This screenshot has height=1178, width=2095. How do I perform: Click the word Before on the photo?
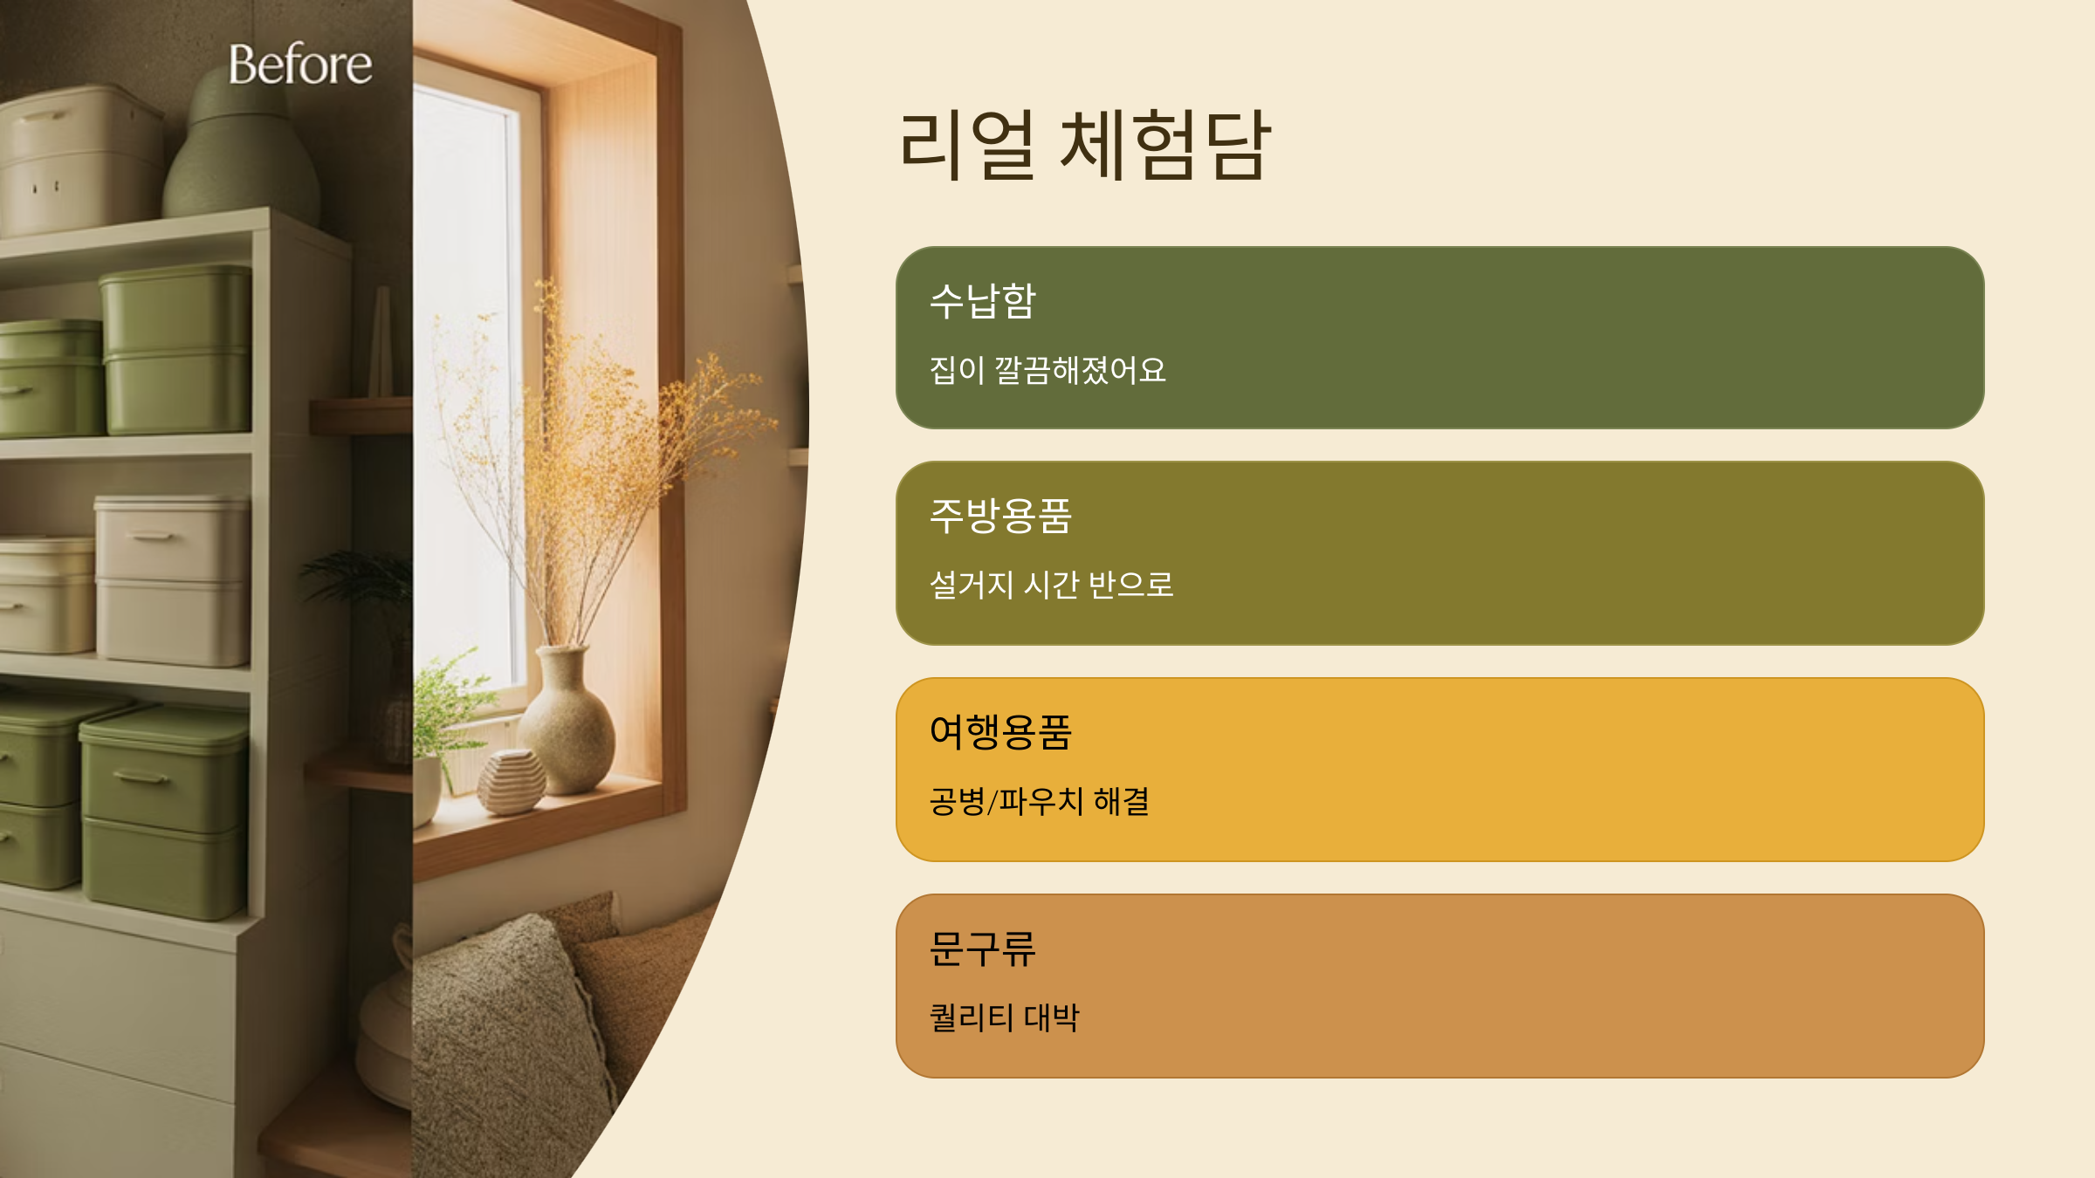[x=300, y=65]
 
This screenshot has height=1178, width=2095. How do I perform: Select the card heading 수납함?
[x=982, y=302]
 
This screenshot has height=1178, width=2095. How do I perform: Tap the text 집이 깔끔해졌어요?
[x=1047, y=370]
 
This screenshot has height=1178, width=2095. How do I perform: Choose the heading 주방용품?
[x=1000, y=516]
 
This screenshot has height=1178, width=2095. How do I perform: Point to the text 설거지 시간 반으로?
[x=1051, y=585]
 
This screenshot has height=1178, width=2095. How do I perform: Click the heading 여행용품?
[x=1000, y=732]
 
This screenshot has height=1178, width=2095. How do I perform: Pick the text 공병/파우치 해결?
[x=1039, y=801]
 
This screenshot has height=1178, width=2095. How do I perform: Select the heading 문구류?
[x=982, y=949]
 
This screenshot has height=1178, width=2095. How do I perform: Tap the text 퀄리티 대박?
[x=1004, y=1017]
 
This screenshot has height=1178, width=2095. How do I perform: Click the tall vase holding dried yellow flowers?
[x=567, y=724]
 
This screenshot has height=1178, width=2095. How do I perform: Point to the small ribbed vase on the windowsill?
[x=512, y=782]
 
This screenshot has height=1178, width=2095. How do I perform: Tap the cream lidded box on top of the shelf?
[x=79, y=161]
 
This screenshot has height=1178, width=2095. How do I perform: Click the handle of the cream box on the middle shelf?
[x=153, y=537]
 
